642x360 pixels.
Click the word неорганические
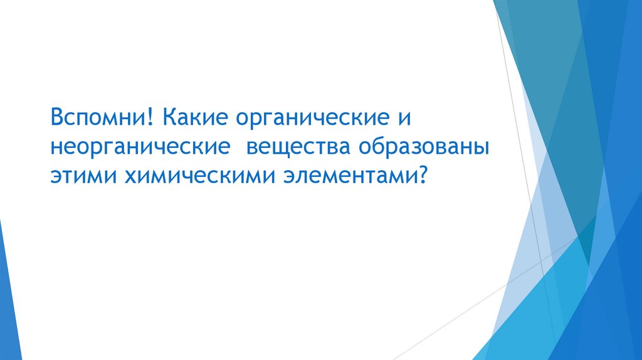click(138, 147)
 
